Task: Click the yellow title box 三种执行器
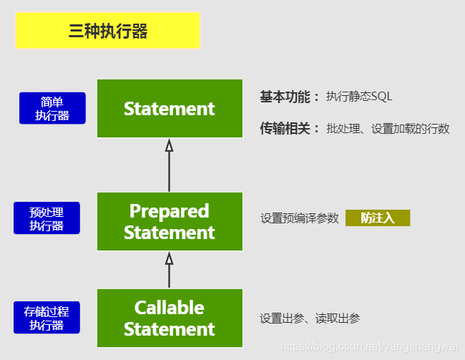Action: (107, 31)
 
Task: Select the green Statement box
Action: (170, 109)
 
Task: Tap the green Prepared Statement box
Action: (170, 222)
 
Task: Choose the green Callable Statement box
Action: (170, 318)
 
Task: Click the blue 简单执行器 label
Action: (52, 108)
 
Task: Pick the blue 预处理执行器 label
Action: (46, 218)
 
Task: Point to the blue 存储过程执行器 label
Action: (46, 318)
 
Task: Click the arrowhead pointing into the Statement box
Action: (170, 146)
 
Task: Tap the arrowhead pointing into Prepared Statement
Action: (170, 258)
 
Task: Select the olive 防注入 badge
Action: (377, 218)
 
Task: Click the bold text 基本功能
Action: (289, 97)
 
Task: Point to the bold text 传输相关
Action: (289, 129)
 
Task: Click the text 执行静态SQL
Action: (359, 97)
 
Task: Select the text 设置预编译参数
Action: (299, 218)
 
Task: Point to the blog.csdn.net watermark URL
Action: (371, 346)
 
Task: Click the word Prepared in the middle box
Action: (170, 211)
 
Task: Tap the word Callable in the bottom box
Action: (170, 308)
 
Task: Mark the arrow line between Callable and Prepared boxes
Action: (170, 276)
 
